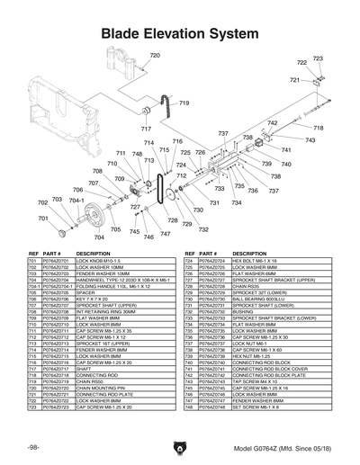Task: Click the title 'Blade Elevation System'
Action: [x=179, y=33]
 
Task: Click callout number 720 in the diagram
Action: [x=154, y=56]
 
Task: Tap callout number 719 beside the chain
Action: [x=184, y=103]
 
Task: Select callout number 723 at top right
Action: [x=318, y=58]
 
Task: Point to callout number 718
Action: [x=318, y=129]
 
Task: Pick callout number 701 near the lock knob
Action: [x=42, y=204]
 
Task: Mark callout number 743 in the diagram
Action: [x=310, y=140]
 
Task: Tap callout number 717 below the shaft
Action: [x=146, y=130]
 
